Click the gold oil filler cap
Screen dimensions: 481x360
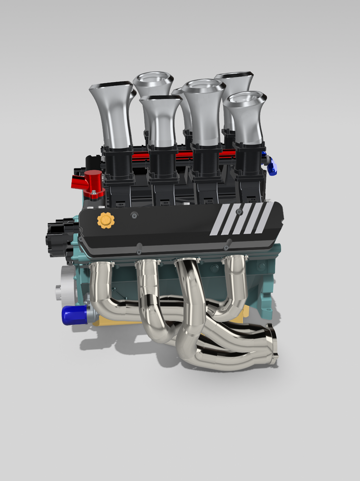tap(106, 220)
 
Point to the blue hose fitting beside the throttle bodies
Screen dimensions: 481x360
tap(272, 166)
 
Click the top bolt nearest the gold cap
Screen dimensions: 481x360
tap(133, 215)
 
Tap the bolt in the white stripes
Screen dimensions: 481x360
tap(239, 212)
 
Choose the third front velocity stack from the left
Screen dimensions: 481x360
tap(203, 113)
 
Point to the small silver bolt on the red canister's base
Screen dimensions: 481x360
tap(93, 191)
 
